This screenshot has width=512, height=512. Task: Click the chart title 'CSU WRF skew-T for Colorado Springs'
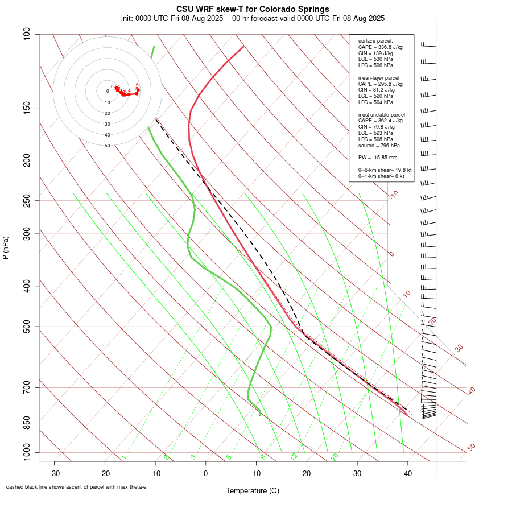coord(253,9)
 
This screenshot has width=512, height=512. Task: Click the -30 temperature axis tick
coord(55,473)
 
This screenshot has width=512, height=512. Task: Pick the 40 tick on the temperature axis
coord(407,473)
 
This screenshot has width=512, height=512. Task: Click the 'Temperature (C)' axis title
coord(253,490)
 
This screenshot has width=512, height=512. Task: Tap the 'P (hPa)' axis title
coord(6,247)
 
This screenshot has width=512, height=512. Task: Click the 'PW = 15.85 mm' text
coord(378,157)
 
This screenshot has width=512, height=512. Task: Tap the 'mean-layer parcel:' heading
coord(379,77)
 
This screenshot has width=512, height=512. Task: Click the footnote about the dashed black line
coord(76,487)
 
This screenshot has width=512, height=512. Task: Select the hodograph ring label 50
coord(107,146)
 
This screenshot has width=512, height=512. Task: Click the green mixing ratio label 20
coord(335,456)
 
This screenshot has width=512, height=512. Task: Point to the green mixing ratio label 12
coord(294,456)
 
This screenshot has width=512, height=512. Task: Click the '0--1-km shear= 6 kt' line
coord(381,176)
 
